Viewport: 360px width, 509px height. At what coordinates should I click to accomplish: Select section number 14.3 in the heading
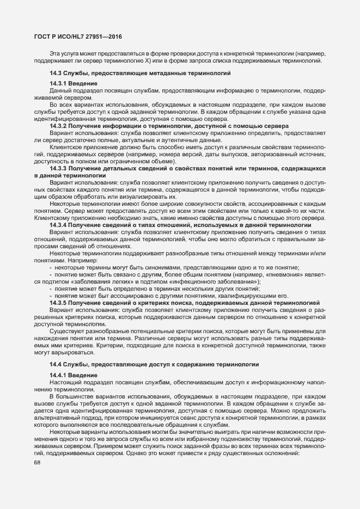point(56,73)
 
